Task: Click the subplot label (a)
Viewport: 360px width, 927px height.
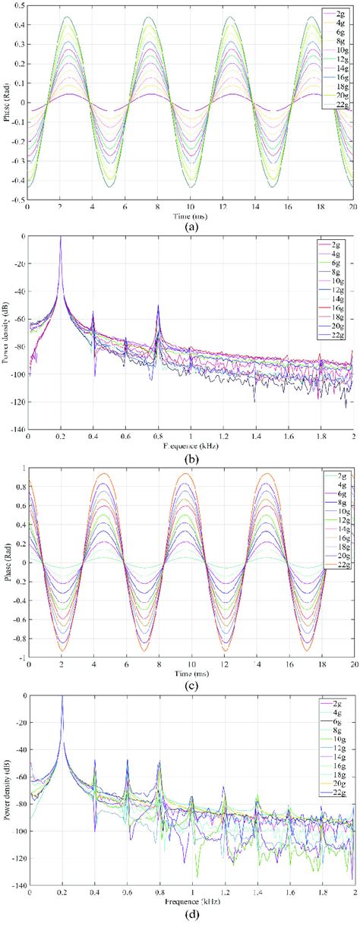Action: (191, 225)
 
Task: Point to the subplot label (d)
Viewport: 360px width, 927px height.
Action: (191, 917)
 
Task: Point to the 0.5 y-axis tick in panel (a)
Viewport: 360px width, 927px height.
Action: (20, 6)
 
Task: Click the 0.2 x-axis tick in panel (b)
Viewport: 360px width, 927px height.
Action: (60, 437)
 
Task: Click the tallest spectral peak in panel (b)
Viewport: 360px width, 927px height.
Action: (61, 239)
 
